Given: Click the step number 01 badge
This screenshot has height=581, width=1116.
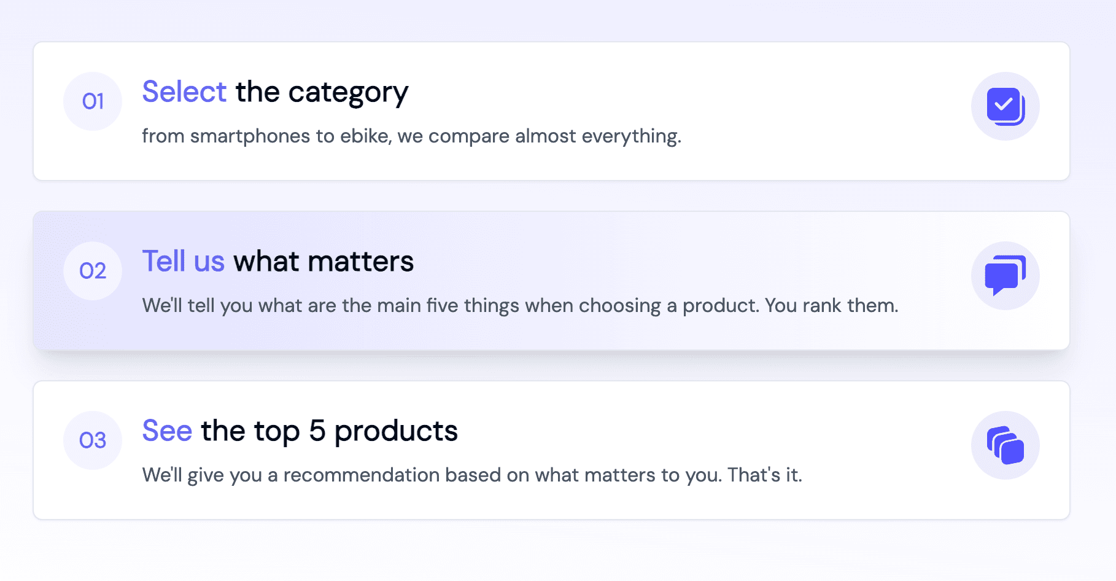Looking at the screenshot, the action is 93,101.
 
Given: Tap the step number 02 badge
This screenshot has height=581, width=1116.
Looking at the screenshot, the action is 93,271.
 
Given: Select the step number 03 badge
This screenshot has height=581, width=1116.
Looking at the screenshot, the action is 93,440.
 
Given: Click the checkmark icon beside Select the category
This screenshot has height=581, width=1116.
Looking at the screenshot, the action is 1006,106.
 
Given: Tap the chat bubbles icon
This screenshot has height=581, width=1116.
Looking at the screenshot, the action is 1006,275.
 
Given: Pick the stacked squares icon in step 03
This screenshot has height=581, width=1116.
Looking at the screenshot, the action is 1006,445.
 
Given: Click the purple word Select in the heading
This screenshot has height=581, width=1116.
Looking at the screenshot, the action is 184,92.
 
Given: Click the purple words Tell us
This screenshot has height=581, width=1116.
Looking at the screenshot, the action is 184,262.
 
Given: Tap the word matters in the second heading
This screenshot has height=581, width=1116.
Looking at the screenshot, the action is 361,262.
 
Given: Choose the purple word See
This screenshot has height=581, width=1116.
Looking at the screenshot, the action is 167,431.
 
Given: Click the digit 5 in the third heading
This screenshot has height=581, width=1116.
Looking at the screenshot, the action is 317,431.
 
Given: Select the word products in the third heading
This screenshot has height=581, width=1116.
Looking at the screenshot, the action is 396,432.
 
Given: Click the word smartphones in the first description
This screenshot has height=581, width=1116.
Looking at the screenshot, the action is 250,136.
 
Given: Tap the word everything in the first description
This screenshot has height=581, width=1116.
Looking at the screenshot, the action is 631,136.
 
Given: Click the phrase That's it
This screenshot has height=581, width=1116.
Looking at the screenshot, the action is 764,475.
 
